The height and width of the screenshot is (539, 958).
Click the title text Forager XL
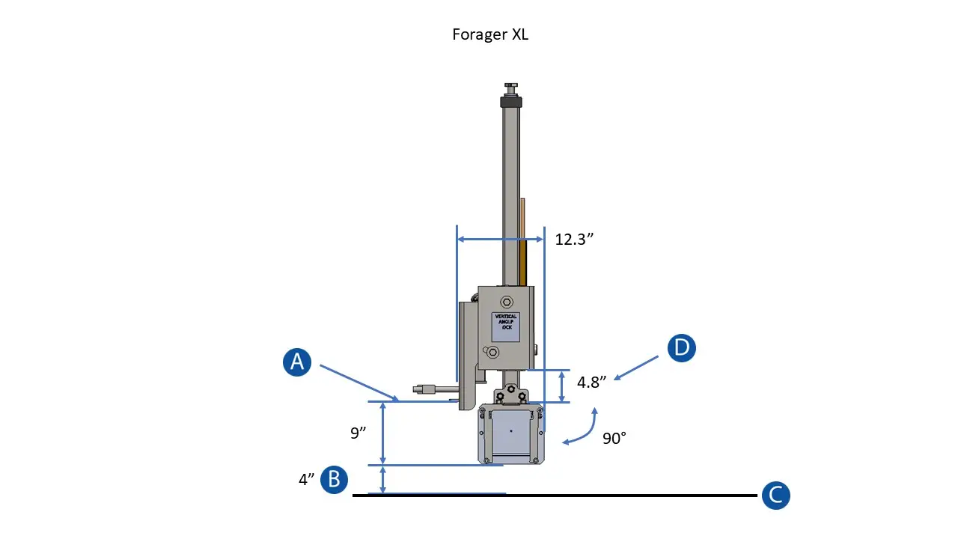(490, 34)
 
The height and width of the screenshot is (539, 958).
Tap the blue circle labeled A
(297, 362)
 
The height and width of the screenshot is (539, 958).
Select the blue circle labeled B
(334, 480)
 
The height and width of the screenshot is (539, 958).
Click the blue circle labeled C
(775, 495)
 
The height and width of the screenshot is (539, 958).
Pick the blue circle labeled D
(682, 348)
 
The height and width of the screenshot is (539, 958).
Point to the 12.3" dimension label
(574, 240)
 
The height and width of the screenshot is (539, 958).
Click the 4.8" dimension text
(591, 382)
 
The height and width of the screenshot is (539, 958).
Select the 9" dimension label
(359, 433)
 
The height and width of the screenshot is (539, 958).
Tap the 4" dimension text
(306, 480)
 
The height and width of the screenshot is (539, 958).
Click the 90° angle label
(614, 439)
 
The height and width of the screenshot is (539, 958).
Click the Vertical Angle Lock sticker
(506, 326)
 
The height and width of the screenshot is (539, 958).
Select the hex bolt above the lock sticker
(507, 302)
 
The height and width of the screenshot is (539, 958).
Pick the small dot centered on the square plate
(511, 430)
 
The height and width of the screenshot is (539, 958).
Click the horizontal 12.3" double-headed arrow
(500, 240)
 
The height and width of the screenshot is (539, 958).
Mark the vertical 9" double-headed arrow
(383, 433)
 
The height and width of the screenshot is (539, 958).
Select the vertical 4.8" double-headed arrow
(563, 386)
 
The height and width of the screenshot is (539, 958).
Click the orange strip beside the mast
(523, 240)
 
